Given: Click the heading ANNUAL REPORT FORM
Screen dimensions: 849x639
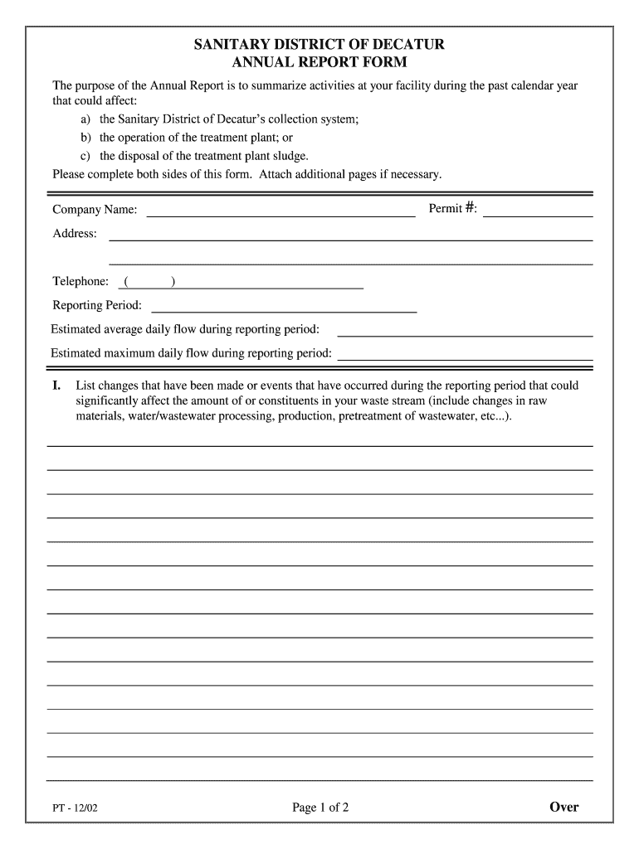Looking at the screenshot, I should (319, 63).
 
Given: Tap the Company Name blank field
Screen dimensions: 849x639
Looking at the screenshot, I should (280, 209).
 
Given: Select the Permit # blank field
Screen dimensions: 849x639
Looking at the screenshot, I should (538, 209).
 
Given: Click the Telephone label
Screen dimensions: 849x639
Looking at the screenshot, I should (80, 282).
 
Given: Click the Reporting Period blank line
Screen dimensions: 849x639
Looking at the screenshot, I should (284, 305).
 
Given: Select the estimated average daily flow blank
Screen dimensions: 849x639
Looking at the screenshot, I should (465, 329).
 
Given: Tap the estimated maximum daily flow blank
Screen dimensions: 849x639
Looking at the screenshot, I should (465, 353).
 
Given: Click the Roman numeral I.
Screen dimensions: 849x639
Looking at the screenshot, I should (56, 386).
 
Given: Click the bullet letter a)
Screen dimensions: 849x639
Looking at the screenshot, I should (86, 119).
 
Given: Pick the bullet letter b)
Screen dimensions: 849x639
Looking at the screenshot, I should (86, 138).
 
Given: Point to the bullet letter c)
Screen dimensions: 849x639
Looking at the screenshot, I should (86, 156).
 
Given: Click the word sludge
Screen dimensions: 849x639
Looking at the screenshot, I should (290, 156).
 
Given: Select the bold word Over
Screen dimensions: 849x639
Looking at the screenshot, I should (563, 807).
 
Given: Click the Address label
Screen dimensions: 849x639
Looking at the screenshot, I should (75, 234).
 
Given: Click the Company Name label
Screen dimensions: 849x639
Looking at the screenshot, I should (95, 210).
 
